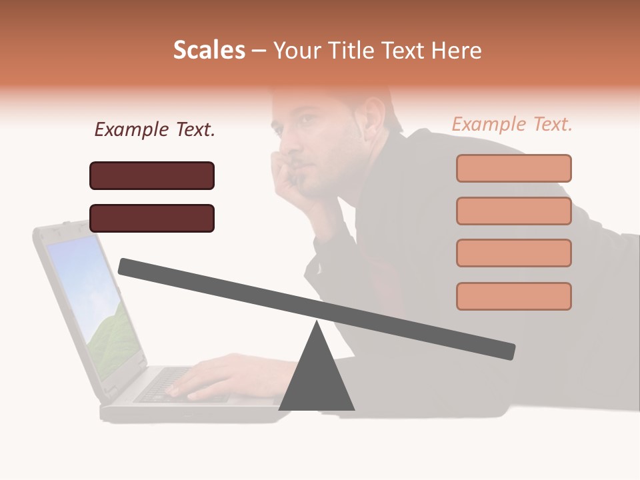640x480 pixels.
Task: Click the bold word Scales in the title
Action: pyautogui.click(x=209, y=51)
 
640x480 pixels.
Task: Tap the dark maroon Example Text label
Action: pyautogui.click(x=155, y=129)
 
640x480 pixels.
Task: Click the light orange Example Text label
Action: pyautogui.click(x=512, y=124)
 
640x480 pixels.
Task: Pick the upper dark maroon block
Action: pyautogui.click(x=152, y=175)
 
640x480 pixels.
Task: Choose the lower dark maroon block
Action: pyautogui.click(x=152, y=218)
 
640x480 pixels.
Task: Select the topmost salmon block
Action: pyautogui.click(x=513, y=168)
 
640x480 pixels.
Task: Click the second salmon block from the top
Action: pyautogui.click(x=513, y=211)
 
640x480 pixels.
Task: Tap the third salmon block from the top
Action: pyautogui.click(x=513, y=253)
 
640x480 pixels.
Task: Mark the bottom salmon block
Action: pyautogui.click(x=513, y=296)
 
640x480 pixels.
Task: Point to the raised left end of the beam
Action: pyautogui.click(x=127, y=267)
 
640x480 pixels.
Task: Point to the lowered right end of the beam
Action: pyautogui.click(x=507, y=351)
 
